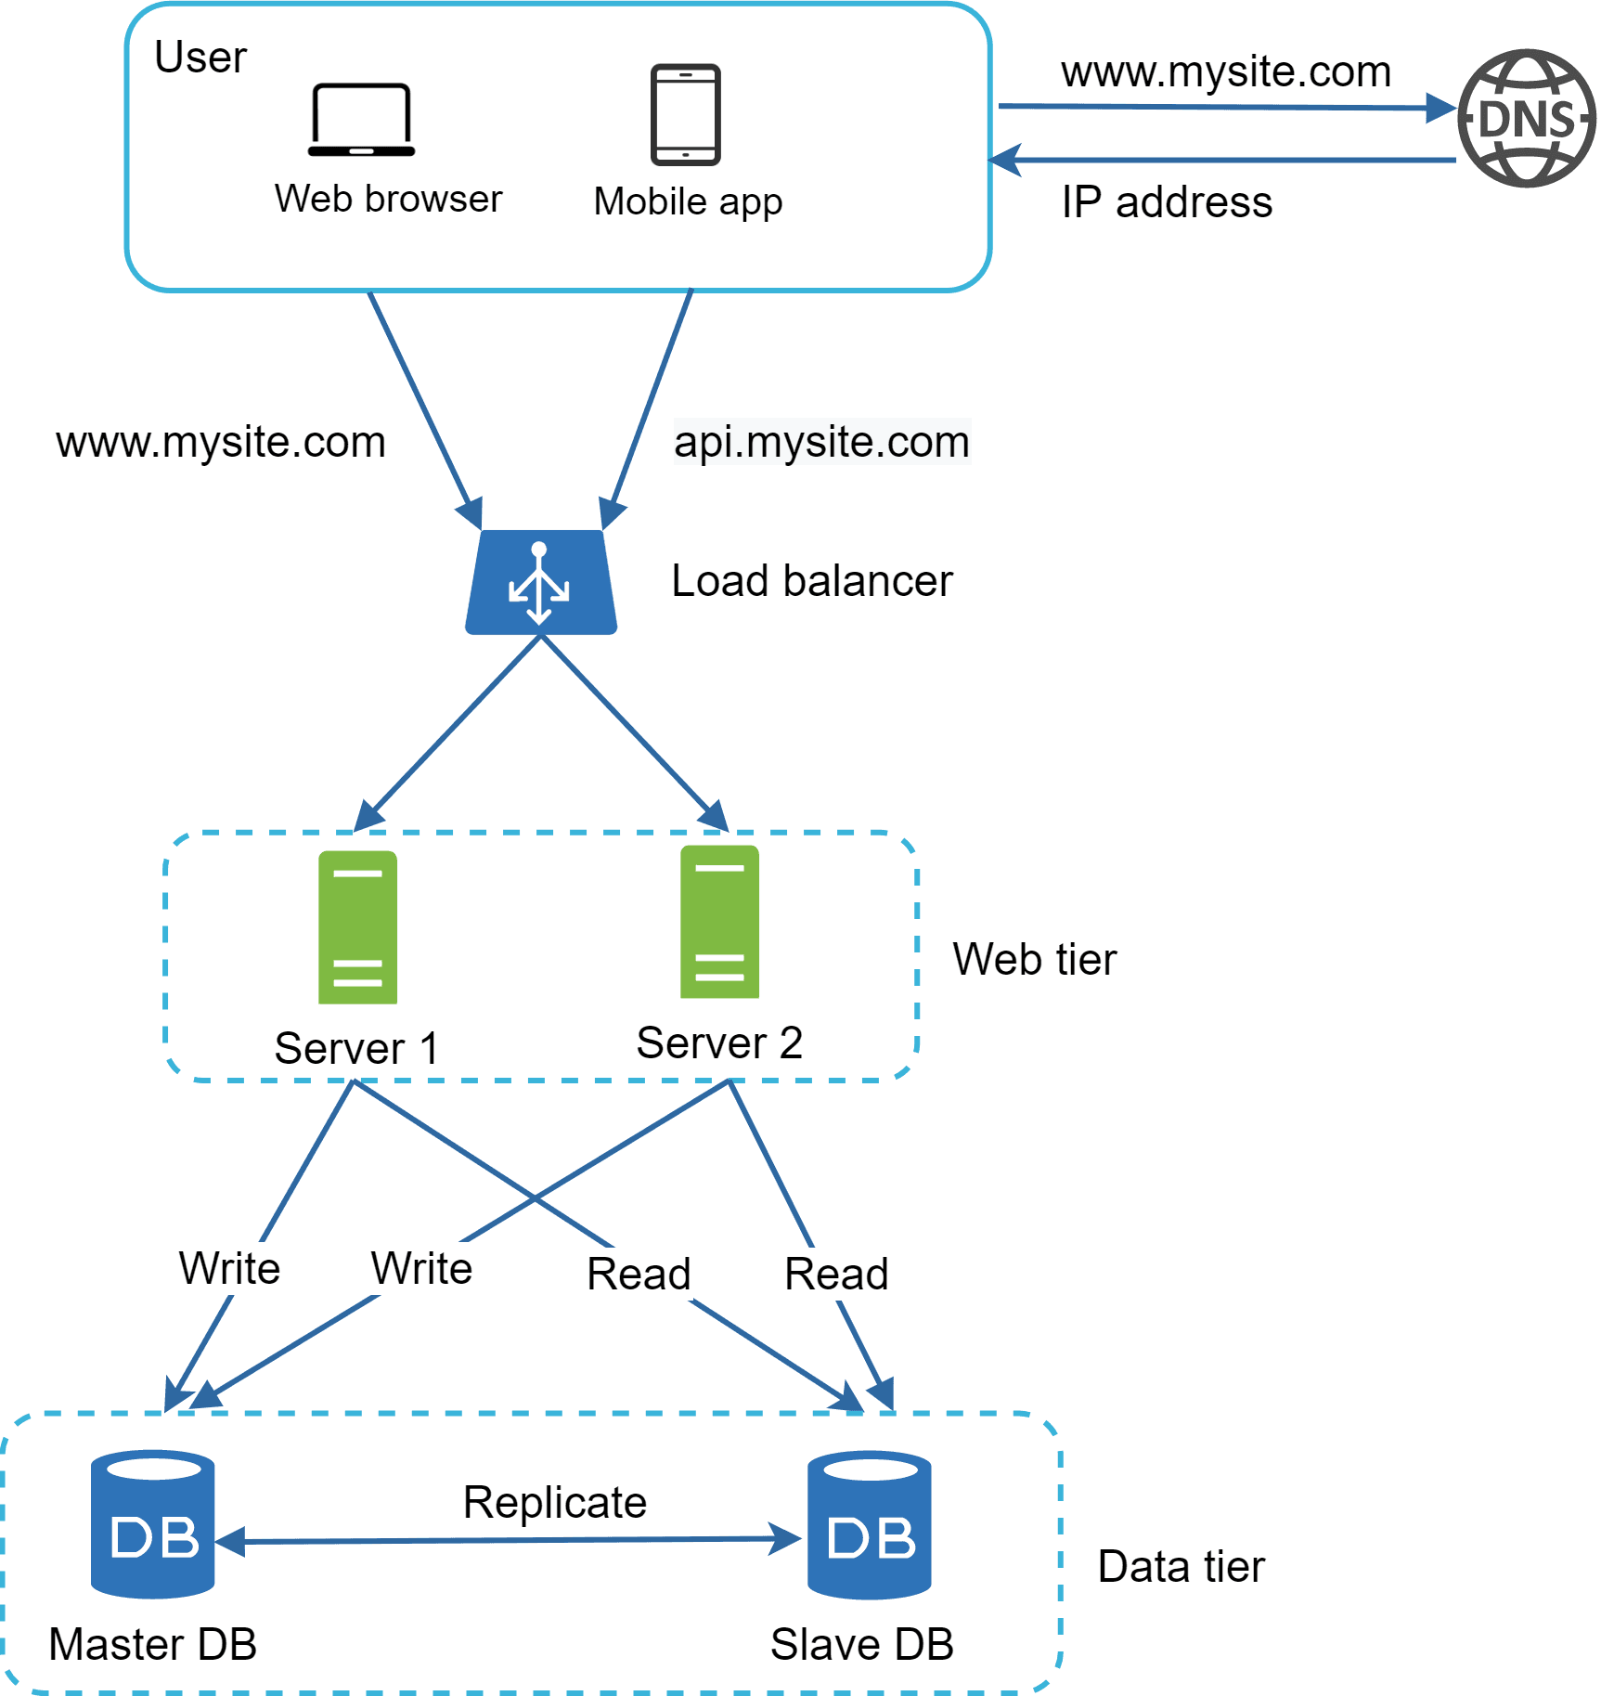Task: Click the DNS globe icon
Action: click(1526, 119)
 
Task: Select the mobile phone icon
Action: click(685, 115)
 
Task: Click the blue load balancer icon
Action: click(541, 583)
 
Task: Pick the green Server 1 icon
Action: click(357, 926)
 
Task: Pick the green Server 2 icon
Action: click(719, 922)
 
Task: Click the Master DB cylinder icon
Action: click(153, 1523)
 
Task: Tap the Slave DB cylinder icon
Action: click(869, 1524)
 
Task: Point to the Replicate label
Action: click(554, 1502)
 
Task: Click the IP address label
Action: click(1166, 202)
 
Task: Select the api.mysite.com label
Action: click(821, 442)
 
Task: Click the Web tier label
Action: click(1034, 960)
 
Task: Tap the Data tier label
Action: click(1181, 1567)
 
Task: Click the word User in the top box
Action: click(200, 58)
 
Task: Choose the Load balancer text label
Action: click(811, 582)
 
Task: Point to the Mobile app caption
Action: click(688, 201)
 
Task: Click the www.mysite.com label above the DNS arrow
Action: click(1225, 72)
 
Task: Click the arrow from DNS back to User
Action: click(1225, 161)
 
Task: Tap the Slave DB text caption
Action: click(861, 1645)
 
